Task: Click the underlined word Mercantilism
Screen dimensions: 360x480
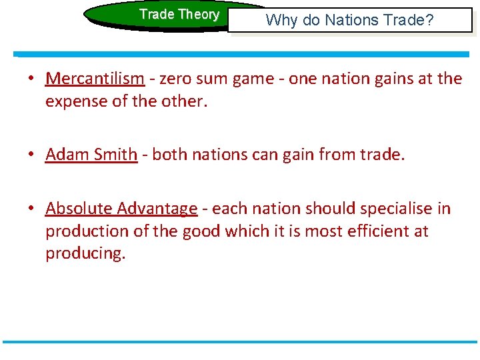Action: (x=95, y=79)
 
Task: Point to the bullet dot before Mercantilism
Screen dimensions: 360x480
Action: (x=31, y=79)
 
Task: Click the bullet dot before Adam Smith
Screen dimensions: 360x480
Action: (x=31, y=155)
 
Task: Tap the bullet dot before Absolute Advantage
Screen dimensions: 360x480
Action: (x=31, y=209)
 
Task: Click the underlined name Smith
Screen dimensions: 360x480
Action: (x=116, y=155)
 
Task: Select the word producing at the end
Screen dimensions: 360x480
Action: (x=85, y=254)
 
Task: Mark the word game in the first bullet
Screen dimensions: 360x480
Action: (x=255, y=79)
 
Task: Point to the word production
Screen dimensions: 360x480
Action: (x=85, y=231)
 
